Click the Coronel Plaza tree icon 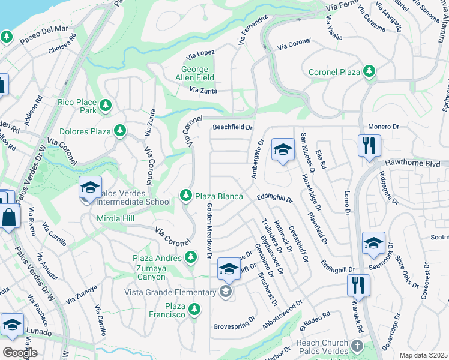tap(369, 72)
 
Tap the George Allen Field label tap(194, 73)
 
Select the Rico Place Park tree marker tap(106, 106)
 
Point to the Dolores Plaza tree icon tap(120, 130)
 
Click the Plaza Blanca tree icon tap(185, 196)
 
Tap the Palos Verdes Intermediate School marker tap(90, 188)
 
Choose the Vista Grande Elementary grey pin tap(225, 292)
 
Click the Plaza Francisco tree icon tap(194, 310)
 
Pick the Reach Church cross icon tap(357, 346)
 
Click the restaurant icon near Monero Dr tap(369, 146)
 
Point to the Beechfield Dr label tap(233, 127)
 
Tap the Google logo tap(20, 352)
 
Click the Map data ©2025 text tap(423, 355)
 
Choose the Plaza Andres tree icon tap(191, 257)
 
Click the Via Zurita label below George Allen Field tap(203, 91)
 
